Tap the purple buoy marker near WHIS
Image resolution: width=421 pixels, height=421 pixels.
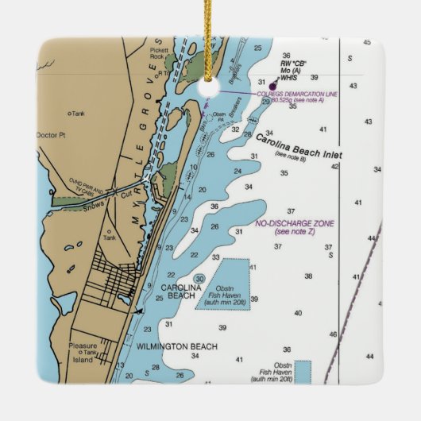(x=273, y=86)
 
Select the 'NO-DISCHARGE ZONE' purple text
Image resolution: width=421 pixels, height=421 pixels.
(x=294, y=224)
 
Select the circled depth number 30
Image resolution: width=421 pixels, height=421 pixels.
(x=199, y=278)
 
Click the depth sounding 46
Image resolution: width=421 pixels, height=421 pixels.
(x=333, y=334)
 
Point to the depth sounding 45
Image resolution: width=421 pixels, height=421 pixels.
(x=366, y=42)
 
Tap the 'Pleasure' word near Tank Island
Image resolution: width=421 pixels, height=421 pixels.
(x=83, y=346)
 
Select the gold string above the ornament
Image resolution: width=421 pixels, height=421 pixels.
(x=210, y=32)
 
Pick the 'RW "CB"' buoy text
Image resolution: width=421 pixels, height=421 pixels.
(x=293, y=63)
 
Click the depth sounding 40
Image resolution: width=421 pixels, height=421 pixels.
(x=299, y=313)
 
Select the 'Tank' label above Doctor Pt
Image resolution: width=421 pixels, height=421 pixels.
(x=78, y=114)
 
